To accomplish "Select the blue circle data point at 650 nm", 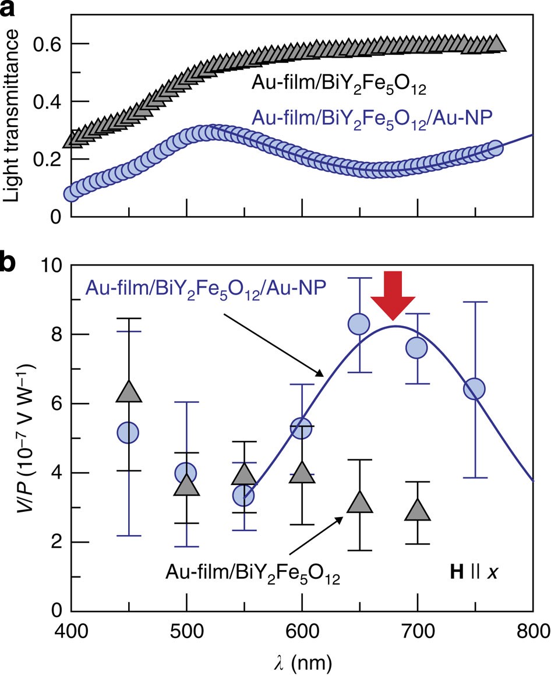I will pyautogui.click(x=359, y=324).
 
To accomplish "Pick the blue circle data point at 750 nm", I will pyautogui.click(x=475, y=389).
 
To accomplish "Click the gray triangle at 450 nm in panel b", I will pyautogui.click(x=129, y=392).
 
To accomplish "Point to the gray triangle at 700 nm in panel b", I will pyautogui.click(x=417, y=511).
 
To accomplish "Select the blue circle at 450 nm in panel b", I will pyautogui.click(x=128, y=433).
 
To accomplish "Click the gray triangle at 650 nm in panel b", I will pyautogui.click(x=359, y=502).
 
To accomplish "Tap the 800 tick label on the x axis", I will pyautogui.click(x=533, y=631).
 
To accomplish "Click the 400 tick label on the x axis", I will pyautogui.click(x=71, y=631).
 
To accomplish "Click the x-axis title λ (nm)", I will pyautogui.click(x=302, y=661).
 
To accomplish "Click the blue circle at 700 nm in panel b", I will pyautogui.click(x=417, y=348).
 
